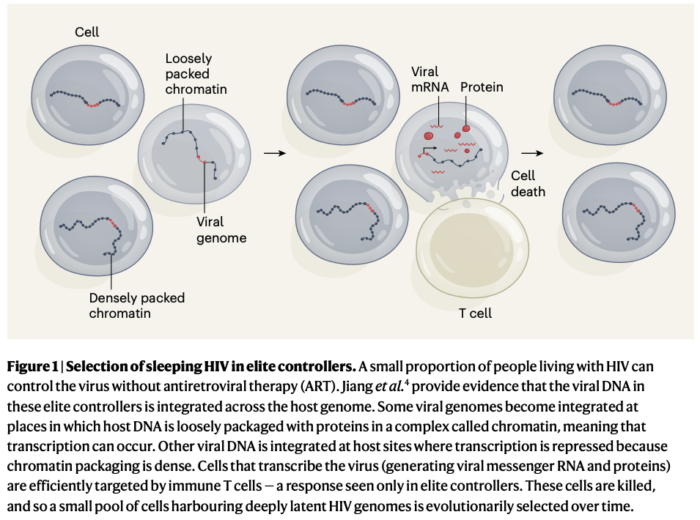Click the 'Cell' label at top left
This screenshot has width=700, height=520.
(86, 32)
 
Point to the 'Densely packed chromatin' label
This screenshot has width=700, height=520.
(136, 305)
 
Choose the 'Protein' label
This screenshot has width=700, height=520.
(482, 87)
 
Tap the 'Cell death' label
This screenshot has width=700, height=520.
(528, 183)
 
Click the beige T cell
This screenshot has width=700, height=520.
(472, 248)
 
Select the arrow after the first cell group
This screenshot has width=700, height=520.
(273, 153)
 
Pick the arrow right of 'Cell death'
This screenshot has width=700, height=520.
(533, 153)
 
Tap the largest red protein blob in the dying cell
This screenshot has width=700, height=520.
(428, 135)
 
